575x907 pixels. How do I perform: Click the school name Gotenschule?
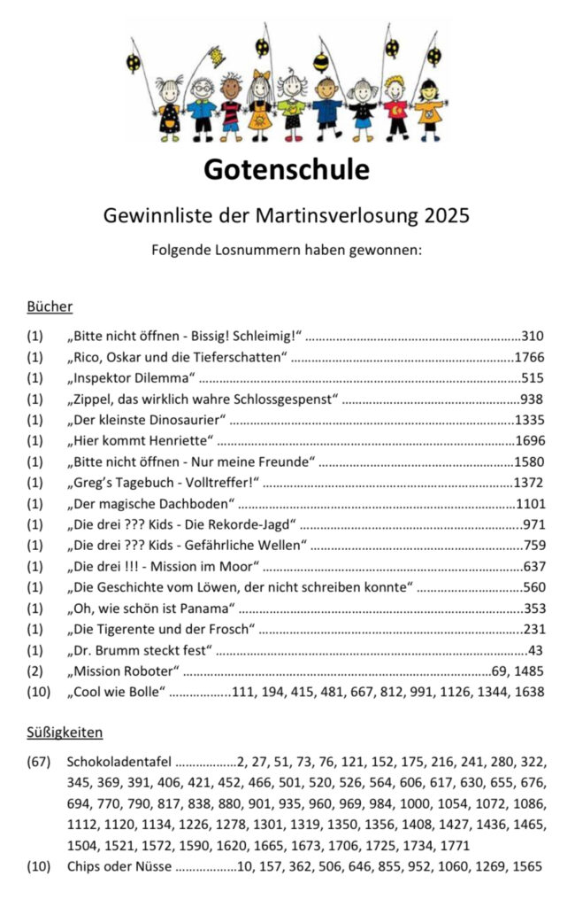pos(287,169)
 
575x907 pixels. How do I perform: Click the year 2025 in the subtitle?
pos(448,215)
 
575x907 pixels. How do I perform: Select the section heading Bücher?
pos(50,307)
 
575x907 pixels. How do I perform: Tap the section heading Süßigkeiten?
pos(65,733)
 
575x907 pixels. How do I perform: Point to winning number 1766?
pos(529,358)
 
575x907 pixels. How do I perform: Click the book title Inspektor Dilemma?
pos(131,378)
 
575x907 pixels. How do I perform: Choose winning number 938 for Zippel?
pos(533,399)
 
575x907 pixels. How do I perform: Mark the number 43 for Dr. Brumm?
pos(535,650)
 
